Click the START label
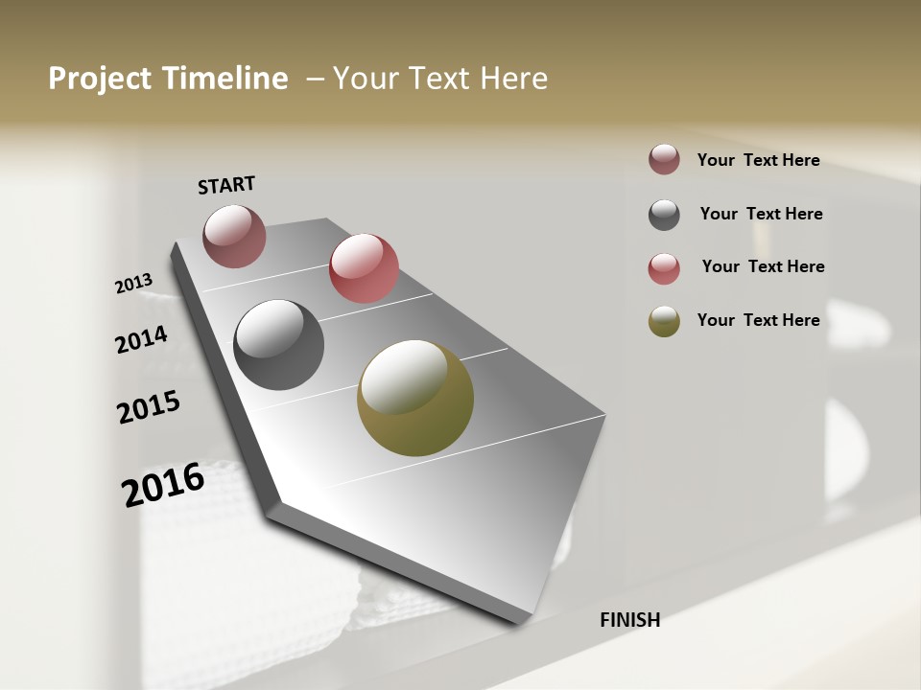[x=226, y=185]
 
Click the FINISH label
[x=629, y=620]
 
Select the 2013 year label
[x=133, y=284]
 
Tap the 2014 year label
[x=141, y=339]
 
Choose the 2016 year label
[x=163, y=484]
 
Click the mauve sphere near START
[x=234, y=236]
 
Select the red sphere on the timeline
[x=364, y=267]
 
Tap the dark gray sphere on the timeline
[x=278, y=345]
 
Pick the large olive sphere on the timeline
[x=415, y=398]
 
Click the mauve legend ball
[x=664, y=160]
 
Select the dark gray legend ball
[x=664, y=215]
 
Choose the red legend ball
[x=664, y=268]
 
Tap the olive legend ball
[x=664, y=321]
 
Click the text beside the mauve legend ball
[x=758, y=161]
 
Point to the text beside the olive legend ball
[x=758, y=320]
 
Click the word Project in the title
[x=100, y=79]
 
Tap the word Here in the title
[x=513, y=79]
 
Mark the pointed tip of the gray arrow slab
[x=520, y=623]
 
